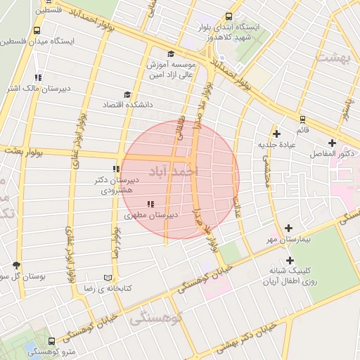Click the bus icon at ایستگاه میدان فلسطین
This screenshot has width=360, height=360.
(36, 31)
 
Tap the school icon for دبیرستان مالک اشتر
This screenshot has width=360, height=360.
(38, 77)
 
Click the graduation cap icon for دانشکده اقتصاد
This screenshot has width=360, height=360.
(127, 94)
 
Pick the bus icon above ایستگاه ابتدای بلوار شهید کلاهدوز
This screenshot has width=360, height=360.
(229, 17)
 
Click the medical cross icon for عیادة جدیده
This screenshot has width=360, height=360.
(277, 134)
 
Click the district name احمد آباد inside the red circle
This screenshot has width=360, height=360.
(174, 171)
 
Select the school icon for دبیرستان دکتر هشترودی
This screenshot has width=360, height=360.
(116, 169)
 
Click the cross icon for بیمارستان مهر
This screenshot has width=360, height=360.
(289, 229)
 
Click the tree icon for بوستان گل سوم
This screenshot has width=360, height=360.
(17, 265)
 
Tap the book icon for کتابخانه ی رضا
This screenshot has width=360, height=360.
(108, 278)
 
